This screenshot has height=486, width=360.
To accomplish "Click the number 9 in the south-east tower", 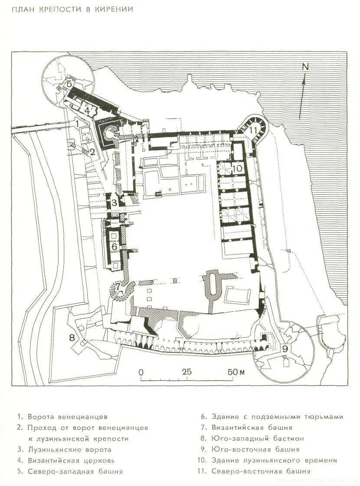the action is pos(285,348).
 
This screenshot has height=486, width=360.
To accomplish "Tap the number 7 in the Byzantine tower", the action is pos(117,287).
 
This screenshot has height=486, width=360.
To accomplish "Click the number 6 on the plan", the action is pos(114,246).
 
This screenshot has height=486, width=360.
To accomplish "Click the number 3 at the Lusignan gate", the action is pos(114,202).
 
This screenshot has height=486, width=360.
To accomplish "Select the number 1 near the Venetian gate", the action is pos(77,123).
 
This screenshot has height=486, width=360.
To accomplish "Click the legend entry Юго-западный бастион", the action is pos(258,438).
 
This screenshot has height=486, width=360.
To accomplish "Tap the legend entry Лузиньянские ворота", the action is pos(69,450).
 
